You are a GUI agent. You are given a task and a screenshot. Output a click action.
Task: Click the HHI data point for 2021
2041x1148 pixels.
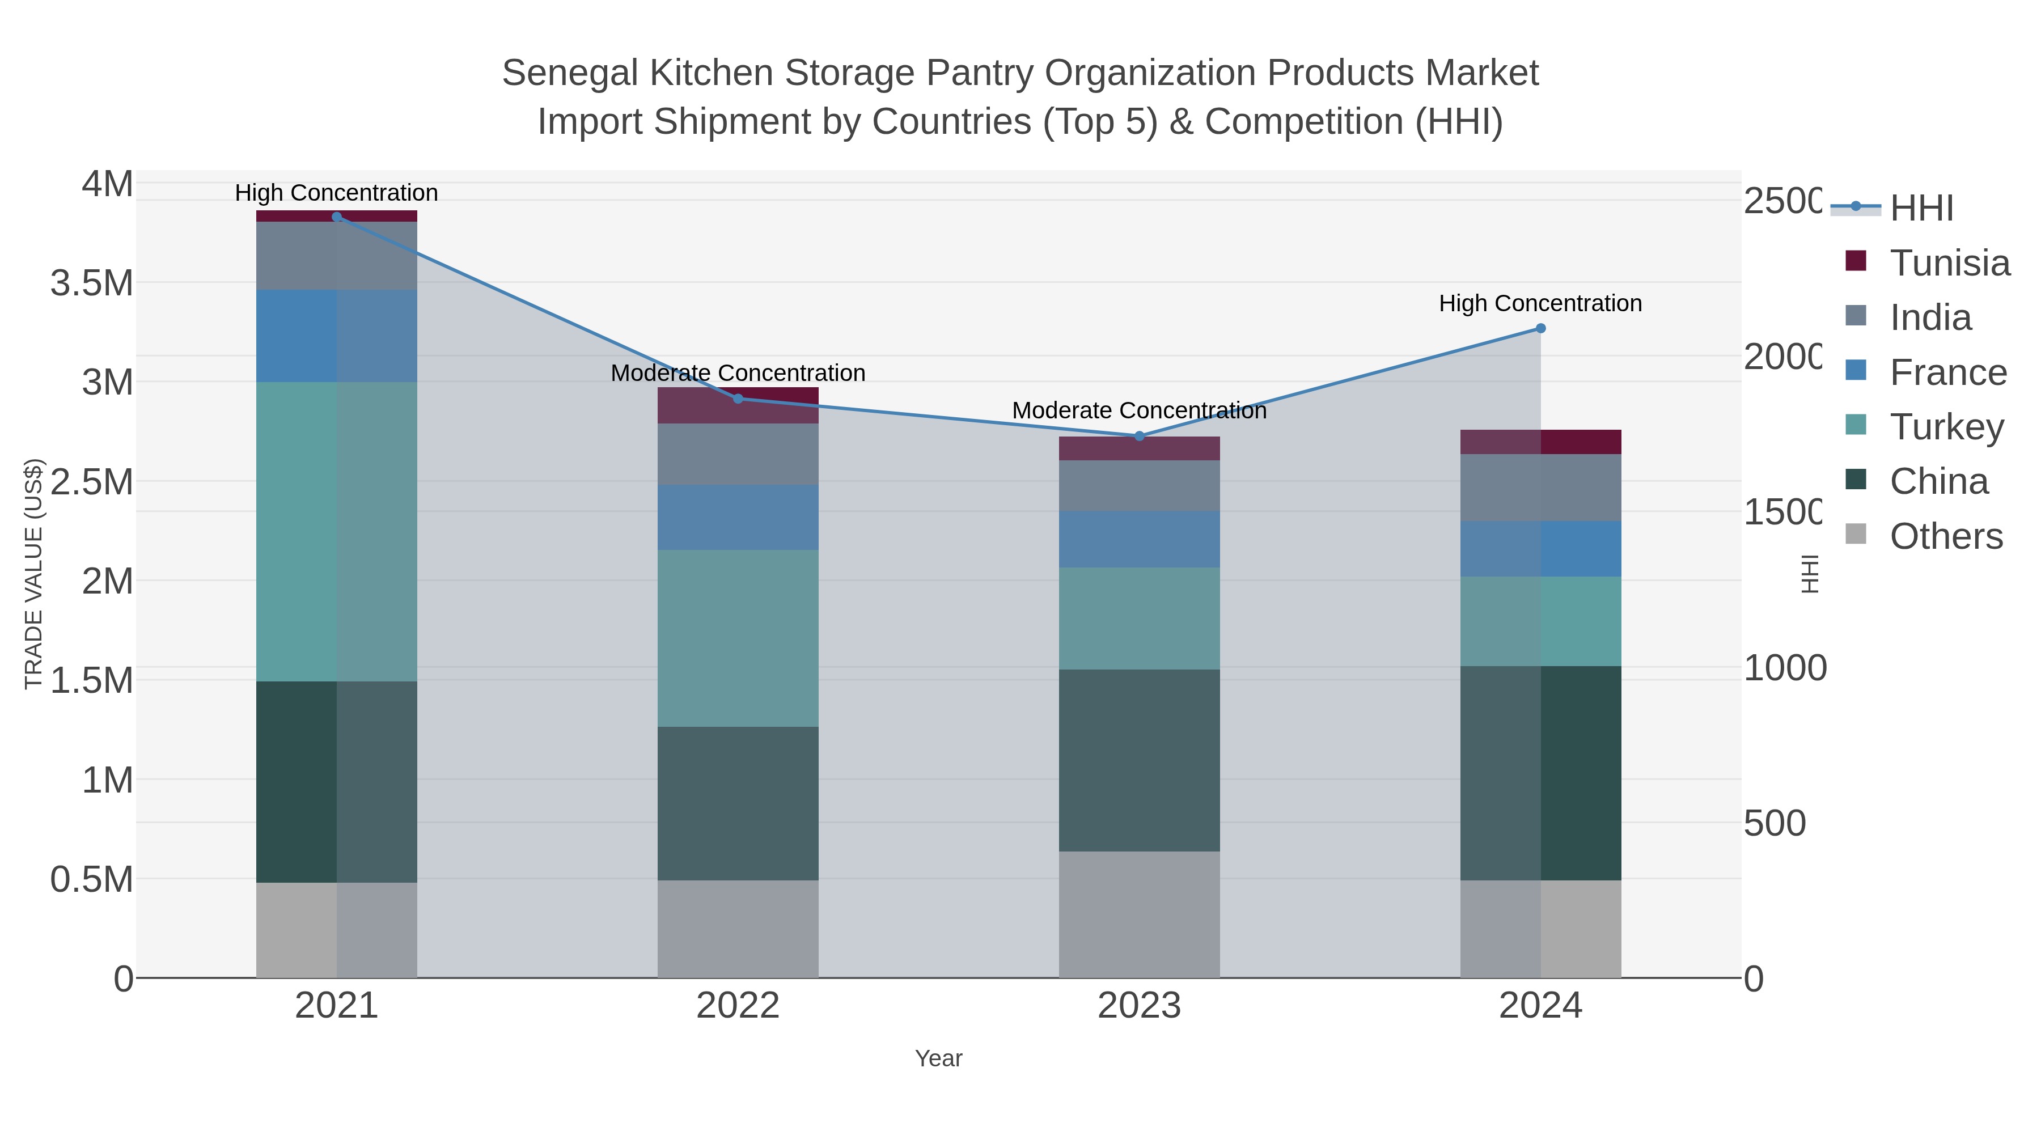coord(337,217)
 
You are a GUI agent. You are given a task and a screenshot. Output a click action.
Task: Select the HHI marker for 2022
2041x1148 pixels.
coord(738,399)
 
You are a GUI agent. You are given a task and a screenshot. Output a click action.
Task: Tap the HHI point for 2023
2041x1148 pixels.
coord(1140,436)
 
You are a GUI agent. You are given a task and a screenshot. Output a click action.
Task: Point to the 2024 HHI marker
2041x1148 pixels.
coord(1540,328)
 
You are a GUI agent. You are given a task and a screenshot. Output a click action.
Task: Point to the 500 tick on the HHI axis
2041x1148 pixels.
coord(1775,824)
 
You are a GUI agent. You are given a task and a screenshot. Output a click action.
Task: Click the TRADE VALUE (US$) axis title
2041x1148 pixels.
coord(33,574)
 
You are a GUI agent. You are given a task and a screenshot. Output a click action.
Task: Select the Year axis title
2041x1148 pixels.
coord(938,1058)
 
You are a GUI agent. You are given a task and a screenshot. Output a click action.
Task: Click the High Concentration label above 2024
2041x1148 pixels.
coord(1540,303)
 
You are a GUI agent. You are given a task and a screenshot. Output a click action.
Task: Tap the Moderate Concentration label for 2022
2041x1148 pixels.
coord(738,373)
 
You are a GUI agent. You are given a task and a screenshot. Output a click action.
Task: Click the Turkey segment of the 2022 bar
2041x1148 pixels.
coord(738,638)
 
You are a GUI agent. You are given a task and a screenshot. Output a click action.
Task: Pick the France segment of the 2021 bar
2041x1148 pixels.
coord(337,336)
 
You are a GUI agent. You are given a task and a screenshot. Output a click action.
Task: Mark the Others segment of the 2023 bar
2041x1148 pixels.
coord(1140,914)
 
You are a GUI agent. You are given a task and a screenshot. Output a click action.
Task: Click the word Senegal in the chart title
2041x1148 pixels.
coord(570,74)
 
